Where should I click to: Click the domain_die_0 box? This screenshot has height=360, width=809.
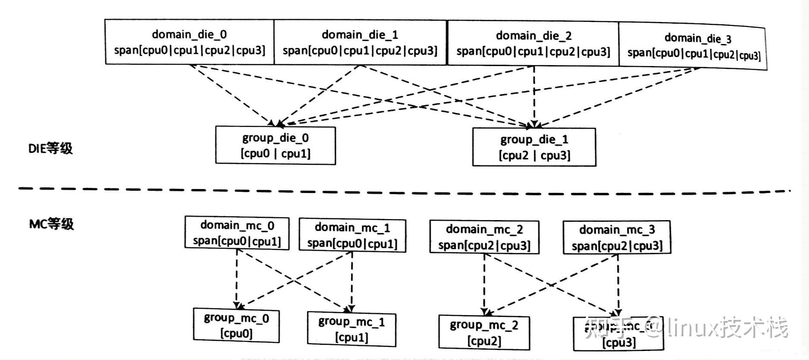coord(189,42)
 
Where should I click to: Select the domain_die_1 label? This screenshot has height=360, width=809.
coord(360,35)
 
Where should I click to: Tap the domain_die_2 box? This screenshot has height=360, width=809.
coord(533,44)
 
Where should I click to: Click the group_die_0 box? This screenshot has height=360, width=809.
coord(275,145)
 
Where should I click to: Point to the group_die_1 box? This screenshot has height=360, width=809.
coord(534,147)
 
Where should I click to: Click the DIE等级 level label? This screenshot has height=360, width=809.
coord(50,148)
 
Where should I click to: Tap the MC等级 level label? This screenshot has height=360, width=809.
coord(51,224)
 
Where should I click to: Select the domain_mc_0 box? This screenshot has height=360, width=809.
coord(237,233)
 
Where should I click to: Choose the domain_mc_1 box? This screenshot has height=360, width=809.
coord(352,235)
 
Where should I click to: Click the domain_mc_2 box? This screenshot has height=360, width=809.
coord(484,237)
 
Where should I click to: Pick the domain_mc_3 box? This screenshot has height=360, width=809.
coord(617,237)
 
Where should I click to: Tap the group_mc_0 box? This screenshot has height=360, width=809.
coord(236,325)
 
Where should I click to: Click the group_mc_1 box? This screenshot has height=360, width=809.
coord(351,329)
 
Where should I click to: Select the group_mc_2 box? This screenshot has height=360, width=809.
coord(484,332)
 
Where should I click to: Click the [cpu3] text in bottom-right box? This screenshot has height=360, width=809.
coord(619,343)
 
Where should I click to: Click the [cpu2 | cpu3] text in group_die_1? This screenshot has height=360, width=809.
coord(534,155)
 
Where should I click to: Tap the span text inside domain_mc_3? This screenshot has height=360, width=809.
coord(617,246)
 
